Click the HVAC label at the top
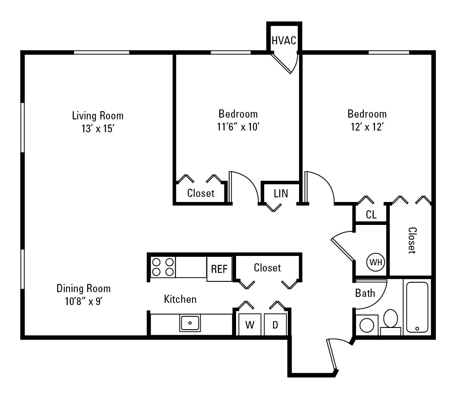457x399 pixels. (284, 41)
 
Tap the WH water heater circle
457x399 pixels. (375, 262)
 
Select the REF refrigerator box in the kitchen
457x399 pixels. (219, 269)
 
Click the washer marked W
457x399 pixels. (249, 325)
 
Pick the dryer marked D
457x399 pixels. (275, 325)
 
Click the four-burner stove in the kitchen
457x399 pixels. (163, 267)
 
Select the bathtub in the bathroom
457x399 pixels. (417, 306)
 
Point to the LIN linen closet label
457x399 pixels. (281, 193)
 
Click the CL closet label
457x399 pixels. (371, 215)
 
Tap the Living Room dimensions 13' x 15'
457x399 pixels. (98, 128)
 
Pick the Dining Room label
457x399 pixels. (84, 288)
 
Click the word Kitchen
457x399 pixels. (180, 299)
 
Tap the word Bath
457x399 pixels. (365, 293)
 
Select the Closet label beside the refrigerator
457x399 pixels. (267, 268)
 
